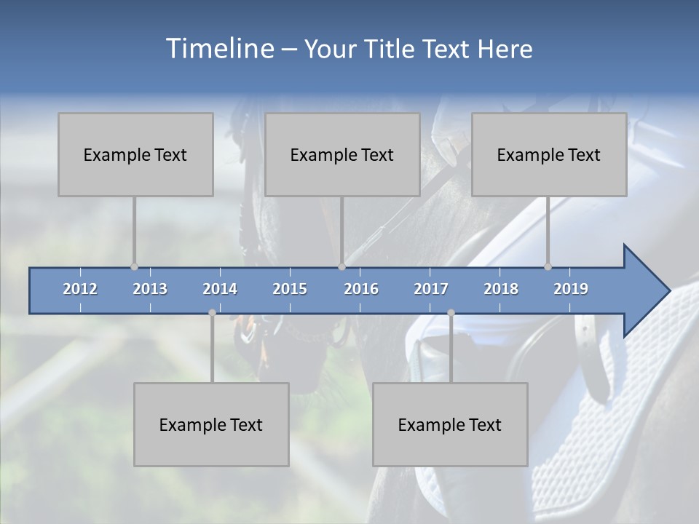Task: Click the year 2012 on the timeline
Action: click(80, 289)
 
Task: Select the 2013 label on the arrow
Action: click(150, 289)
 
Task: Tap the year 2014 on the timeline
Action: click(220, 289)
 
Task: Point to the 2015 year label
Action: click(290, 289)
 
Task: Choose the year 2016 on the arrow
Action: click(361, 289)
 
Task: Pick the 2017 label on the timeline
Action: click(431, 289)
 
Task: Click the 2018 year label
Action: click(501, 289)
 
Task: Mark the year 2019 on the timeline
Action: click(571, 289)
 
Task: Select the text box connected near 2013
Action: click(135, 154)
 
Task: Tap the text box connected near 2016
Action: click(342, 154)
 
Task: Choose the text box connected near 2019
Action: click(549, 154)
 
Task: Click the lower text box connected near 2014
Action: click(211, 424)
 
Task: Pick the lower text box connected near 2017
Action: click(450, 424)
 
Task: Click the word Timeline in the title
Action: click(218, 49)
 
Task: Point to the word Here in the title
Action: click(505, 49)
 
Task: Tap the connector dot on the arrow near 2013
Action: click(134, 267)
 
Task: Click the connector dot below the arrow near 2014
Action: click(212, 313)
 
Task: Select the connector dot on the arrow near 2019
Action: click(548, 267)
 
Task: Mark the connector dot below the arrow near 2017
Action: click(451, 313)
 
